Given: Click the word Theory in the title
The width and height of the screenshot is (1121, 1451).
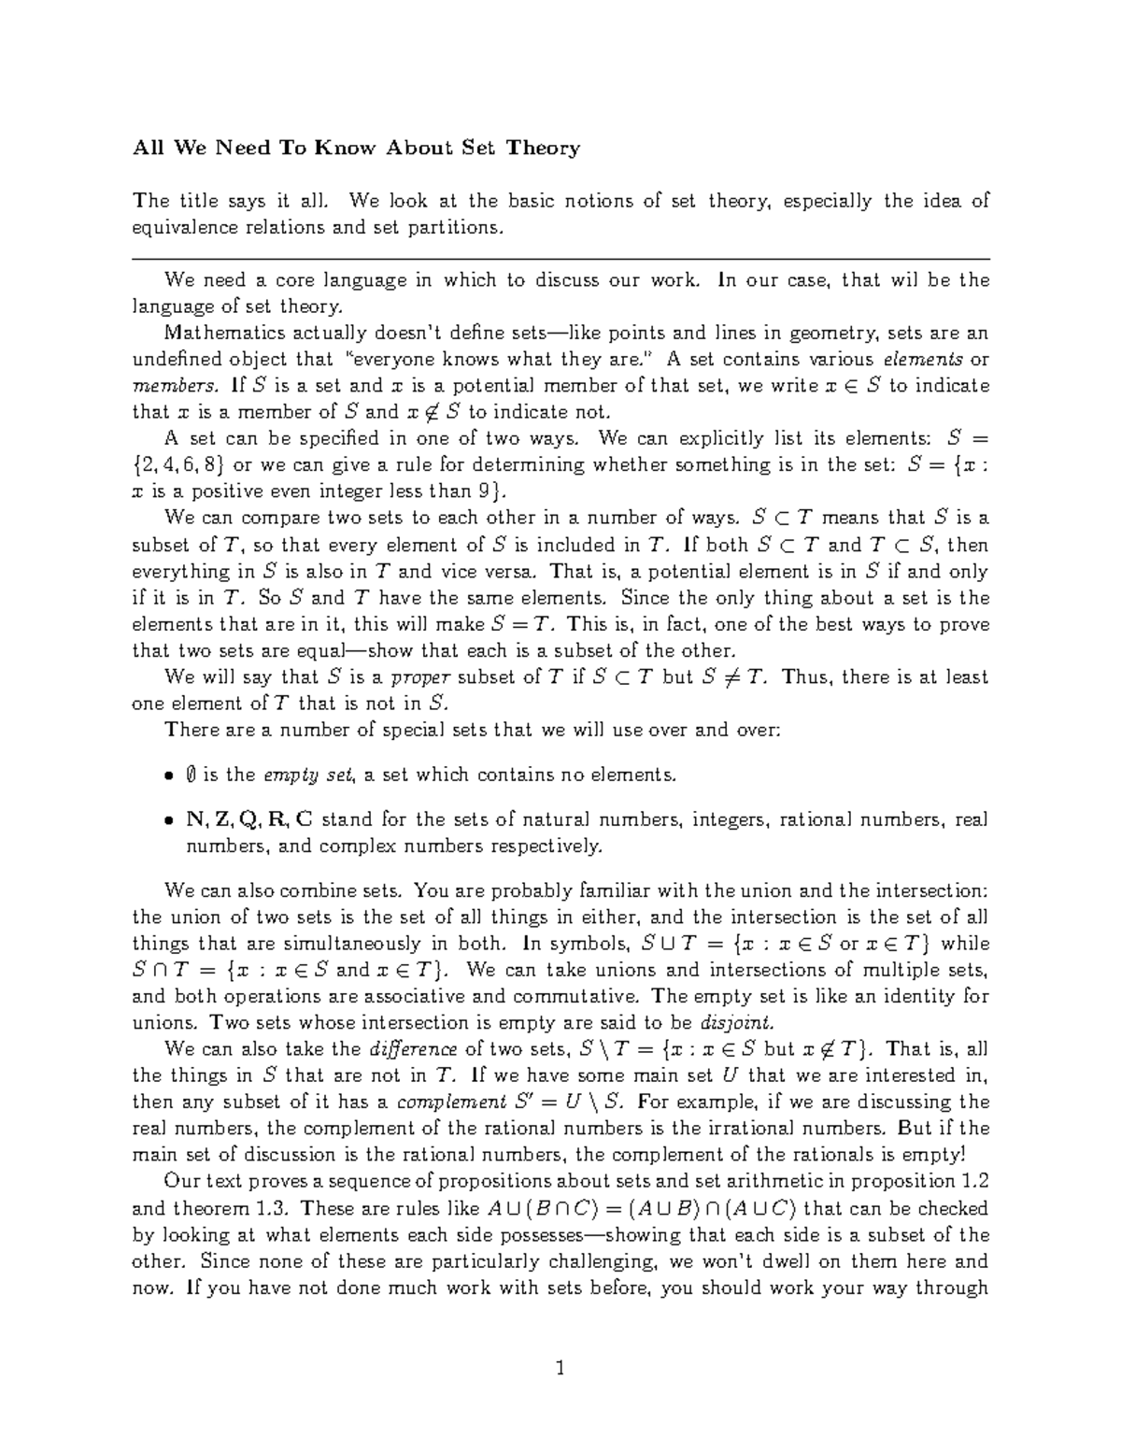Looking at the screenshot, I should pyautogui.click(x=544, y=148).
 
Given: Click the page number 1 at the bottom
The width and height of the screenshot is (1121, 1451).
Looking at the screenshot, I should pyautogui.click(x=560, y=1370).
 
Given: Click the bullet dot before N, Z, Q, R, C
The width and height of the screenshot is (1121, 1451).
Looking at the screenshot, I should pyautogui.click(x=168, y=821).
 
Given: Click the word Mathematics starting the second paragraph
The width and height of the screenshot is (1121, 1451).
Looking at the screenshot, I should pyautogui.click(x=217, y=334).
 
